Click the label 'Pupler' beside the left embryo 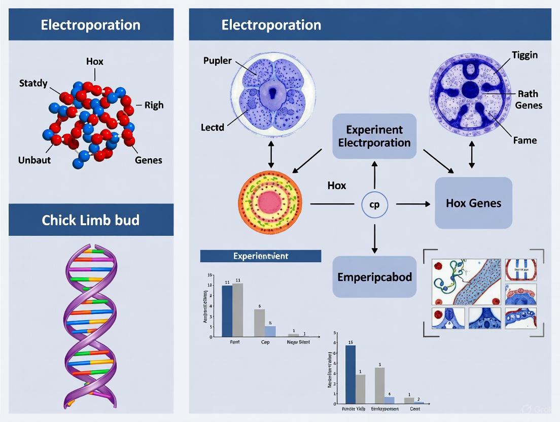click(217, 61)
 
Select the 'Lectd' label click(212, 127)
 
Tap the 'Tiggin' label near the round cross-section click(524, 55)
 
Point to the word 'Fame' click(524, 140)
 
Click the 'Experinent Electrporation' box click(374, 136)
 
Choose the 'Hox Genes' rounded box click(473, 203)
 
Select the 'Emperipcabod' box click(374, 277)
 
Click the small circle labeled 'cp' click(374, 205)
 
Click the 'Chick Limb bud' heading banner click(91, 220)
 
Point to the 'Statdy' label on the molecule click(33, 83)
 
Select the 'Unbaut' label click(34, 160)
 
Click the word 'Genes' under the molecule click(148, 160)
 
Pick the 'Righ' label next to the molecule click(154, 105)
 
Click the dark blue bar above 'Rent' click(227, 311)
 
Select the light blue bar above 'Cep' click(270, 331)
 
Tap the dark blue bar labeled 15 click(350, 374)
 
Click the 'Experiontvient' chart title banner click(260, 256)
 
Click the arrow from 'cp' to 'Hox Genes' click(413, 204)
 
